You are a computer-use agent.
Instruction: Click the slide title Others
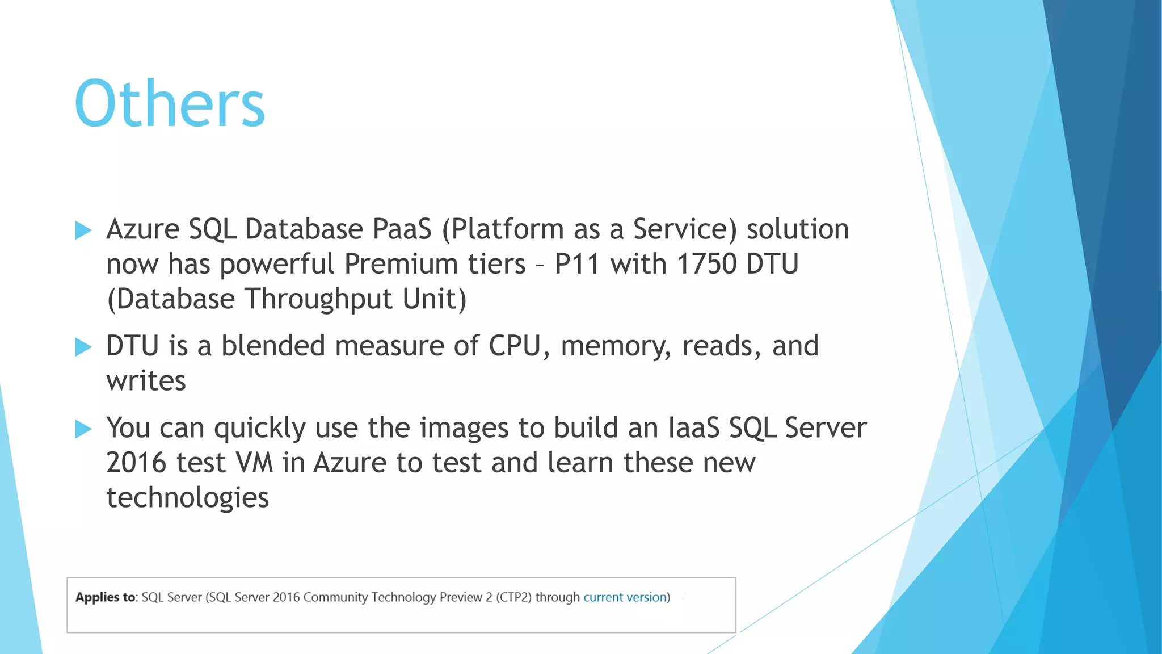coord(169,104)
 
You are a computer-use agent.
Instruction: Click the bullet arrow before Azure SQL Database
coord(83,230)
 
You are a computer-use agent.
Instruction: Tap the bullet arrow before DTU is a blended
coord(83,347)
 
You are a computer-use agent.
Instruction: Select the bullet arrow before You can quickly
coord(83,429)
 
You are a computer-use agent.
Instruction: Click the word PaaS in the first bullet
coord(402,229)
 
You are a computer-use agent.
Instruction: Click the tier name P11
coord(576,265)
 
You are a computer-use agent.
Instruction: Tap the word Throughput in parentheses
coord(318,300)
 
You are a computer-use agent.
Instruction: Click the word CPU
coord(515,346)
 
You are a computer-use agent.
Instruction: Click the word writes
coord(146,381)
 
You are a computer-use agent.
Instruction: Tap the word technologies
coord(187,498)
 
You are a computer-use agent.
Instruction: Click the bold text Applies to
coord(106,597)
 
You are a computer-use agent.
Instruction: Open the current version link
coord(625,597)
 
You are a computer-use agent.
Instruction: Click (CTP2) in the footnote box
coord(513,597)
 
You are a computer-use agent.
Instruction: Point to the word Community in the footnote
coord(335,597)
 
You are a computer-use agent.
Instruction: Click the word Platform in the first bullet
coord(503,229)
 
